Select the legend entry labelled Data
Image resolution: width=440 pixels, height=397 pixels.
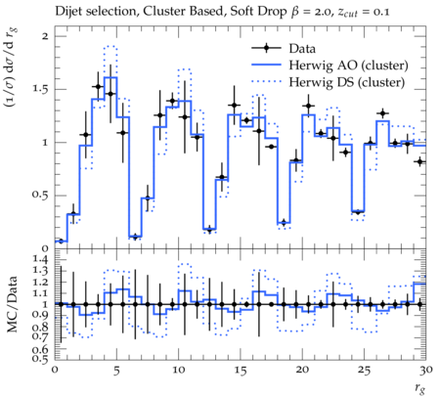point(302,49)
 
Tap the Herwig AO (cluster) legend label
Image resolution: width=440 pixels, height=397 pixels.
point(348,66)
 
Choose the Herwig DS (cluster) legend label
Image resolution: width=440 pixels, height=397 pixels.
point(347,82)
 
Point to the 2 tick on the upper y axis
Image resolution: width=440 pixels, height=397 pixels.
point(45,36)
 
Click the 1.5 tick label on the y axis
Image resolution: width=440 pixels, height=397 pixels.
point(40,89)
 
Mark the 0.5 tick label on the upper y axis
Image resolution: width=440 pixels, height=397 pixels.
point(40,196)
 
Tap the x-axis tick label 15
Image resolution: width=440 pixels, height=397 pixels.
point(241,371)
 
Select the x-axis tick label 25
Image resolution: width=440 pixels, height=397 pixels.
point(364,371)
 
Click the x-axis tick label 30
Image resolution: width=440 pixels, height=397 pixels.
point(426,371)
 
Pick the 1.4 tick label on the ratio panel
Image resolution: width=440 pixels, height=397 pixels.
point(40,260)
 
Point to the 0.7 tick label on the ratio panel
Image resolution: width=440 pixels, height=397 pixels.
point(40,335)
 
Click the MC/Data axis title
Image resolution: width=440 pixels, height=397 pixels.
point(13,304)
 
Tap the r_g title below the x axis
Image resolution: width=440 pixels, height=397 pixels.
point(420,388)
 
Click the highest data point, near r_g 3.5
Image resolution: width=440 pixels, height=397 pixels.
point(98,86)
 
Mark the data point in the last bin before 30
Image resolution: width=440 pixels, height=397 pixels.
point(419,161)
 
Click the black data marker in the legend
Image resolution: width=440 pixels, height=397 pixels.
point(266,48)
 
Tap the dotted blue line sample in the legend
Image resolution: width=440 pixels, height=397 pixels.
point(266,82)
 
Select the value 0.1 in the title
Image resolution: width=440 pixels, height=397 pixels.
point(381,13)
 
